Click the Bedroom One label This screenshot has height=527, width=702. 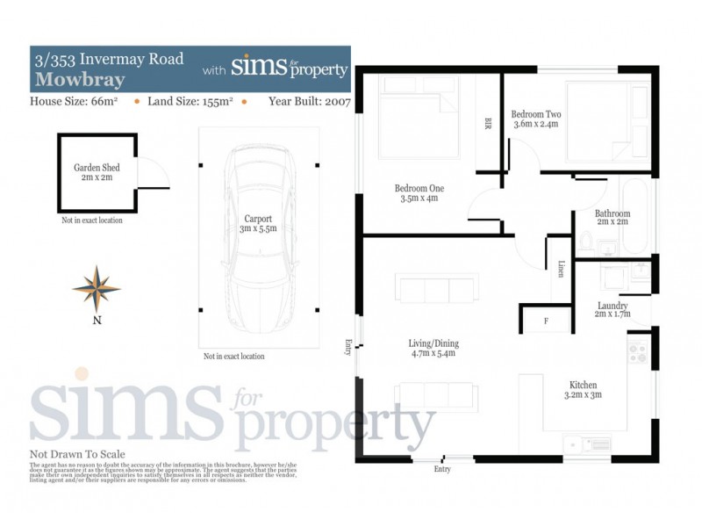tap(419, 192)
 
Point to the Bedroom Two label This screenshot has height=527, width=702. tap(535, 119)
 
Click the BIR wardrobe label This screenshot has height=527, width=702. tap(487, 123)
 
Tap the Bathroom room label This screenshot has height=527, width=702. tap(612, 219)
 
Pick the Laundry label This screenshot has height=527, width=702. tap(612, 309)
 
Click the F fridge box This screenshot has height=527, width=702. tap(546, 321)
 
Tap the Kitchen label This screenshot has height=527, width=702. tap(583, 390)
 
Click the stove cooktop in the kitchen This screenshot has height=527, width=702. tap(639, 353)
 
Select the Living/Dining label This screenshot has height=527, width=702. tap(433, 349)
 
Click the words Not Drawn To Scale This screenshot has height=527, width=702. tap(77, 455)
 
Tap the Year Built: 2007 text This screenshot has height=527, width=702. tap(310, 102)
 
